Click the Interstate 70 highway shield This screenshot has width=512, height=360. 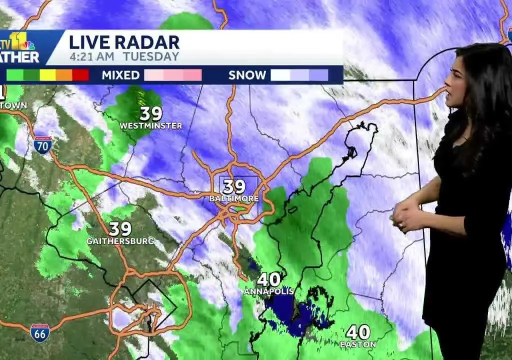(x=43, y=144)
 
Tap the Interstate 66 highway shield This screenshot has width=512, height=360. (x=39, y=332)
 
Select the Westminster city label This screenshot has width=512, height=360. (x=151, y=126)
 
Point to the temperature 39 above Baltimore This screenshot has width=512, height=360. (x=234, y=187)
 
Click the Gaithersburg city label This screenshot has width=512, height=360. (x=120, y=241)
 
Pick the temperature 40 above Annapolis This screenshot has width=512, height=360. (x=269, y=279)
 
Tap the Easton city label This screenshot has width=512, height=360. (x=357, y=344)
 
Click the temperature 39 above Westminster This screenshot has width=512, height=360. (x=151, y=113)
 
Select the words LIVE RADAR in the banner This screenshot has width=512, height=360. (x=124, y=42)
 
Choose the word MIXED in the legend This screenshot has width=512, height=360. (x=120, y=75)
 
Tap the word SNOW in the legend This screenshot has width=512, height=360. (x=247, y=75)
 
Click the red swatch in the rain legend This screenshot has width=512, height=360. (x=80, y=75)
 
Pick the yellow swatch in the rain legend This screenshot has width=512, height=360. (x=47, y=75)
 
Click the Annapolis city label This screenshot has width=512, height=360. (x=269, y=291)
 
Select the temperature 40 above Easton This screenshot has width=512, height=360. (x=358, y=332)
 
